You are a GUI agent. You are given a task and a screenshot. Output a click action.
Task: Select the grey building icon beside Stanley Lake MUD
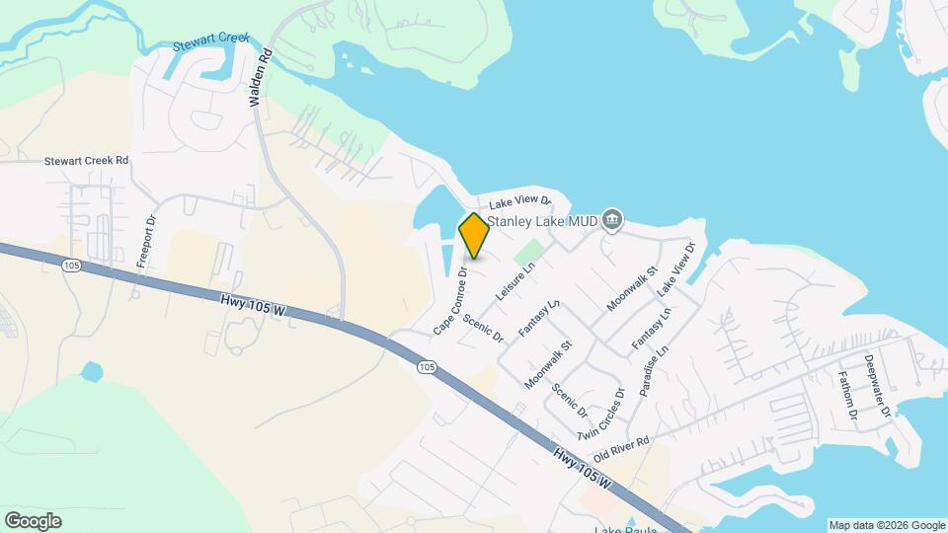tap(612, 219)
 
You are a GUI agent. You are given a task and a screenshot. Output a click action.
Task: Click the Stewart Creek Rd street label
tap(87, 160)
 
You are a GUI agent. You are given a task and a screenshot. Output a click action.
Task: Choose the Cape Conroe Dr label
tap(450, 300)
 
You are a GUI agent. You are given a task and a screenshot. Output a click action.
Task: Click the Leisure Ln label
tap(517, 281)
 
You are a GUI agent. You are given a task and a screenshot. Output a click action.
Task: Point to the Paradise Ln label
tap(654, 370)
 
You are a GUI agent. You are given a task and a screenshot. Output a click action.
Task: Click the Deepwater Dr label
tap(877, 385)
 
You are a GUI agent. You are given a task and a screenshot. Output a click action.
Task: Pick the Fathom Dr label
tap(848, 397)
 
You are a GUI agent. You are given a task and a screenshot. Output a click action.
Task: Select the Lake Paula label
tap(620, 528)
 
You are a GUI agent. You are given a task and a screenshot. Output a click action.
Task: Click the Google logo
tap(33, 521)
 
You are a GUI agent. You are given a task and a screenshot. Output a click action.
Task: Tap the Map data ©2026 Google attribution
tap(886, 525)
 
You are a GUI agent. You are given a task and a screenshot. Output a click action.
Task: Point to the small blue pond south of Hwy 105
tap(91, 372)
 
